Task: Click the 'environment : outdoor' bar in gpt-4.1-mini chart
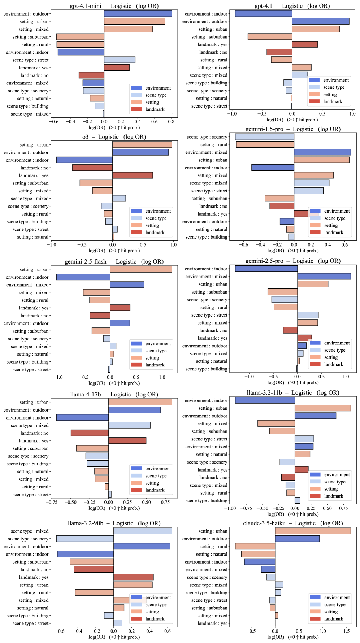tap(138, 14)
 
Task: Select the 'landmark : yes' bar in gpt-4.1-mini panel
tap(117, 68)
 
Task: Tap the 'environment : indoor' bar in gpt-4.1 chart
tap(264, 14)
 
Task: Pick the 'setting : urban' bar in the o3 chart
tap(142, 145)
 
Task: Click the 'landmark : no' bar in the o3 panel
tap(92, 168)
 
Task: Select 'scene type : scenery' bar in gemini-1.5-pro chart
tap(264, 137)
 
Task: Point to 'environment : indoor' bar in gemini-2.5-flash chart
tap(83, 277)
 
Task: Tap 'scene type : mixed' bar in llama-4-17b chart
tap(129, 425)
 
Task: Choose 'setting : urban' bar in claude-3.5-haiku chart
tap(313, 531)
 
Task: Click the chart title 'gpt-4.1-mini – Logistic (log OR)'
tap(114, 6)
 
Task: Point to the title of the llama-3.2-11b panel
tap(293, 393)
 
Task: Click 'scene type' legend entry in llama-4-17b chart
tap(156, 476)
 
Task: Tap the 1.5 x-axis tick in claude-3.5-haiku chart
tap(347, 631)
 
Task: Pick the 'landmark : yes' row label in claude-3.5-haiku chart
tap(212, 624)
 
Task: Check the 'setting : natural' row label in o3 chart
tap(32, 237)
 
